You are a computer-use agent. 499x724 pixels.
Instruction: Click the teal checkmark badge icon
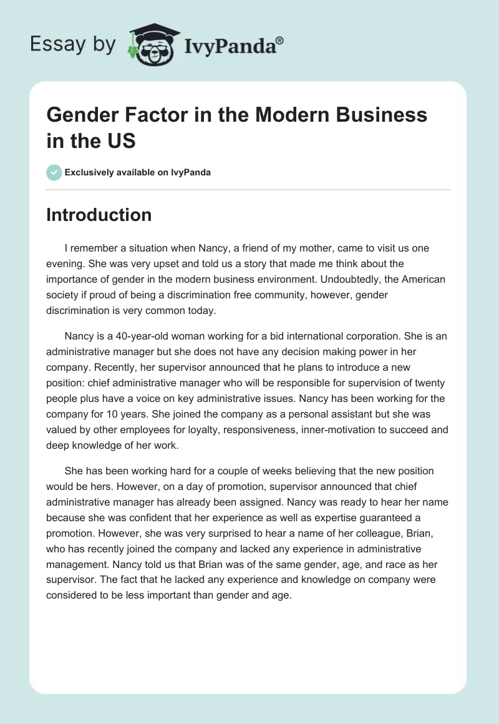pyautogui.click(x=54, y=172)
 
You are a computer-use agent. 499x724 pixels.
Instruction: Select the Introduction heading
pyautogui.click(x=99, y=215)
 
